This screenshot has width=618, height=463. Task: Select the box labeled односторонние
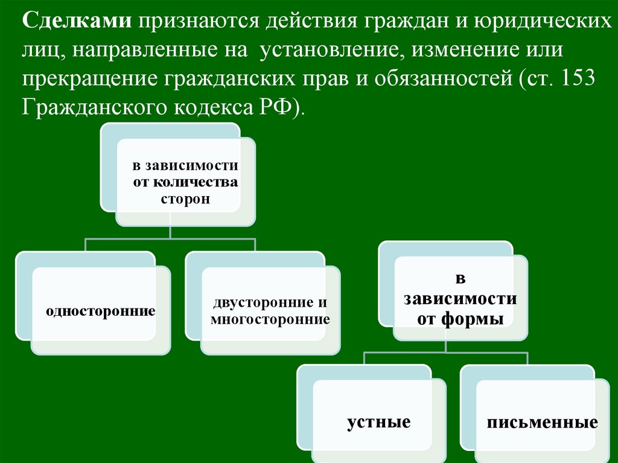101,312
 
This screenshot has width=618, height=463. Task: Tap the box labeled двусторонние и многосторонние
270,311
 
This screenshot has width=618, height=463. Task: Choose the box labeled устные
378,421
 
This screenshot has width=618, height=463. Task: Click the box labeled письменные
542,421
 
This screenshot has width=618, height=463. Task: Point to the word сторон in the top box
185,199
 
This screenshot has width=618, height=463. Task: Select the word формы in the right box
477,319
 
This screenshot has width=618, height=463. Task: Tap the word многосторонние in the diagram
270,319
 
